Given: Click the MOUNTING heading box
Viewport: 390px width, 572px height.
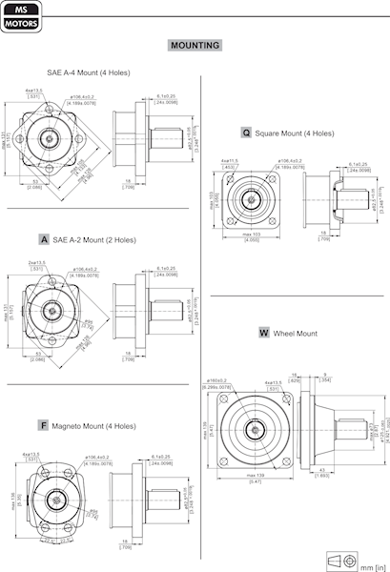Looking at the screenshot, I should click(x=195, y=45).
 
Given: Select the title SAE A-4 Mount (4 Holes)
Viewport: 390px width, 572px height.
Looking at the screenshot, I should click(x=89, y=72).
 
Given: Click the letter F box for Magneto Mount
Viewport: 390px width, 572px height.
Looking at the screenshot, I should click(x=44, y=424).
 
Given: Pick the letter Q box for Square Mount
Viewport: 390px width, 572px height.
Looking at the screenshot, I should click(x=246, y=133).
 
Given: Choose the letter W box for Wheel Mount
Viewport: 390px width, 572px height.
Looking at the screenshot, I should click(x=264, y=334).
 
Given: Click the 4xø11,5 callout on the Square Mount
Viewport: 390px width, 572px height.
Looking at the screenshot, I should click(x=229, y=161).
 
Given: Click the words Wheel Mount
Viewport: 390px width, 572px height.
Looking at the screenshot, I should click(x=295, y=334).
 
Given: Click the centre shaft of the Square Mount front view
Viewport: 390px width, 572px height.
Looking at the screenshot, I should click(x=253, y=200).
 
